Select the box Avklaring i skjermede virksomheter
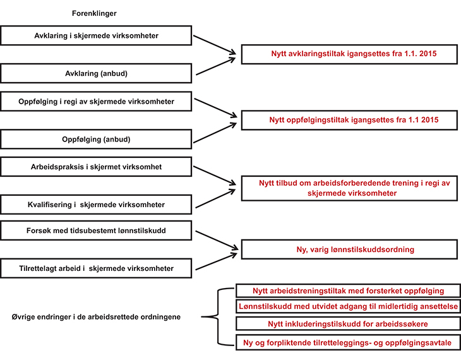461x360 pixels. (96, 35)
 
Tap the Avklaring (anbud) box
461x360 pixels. (96, 73)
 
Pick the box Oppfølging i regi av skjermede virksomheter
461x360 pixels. (96, 101)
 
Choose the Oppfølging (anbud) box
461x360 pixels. (96, 138)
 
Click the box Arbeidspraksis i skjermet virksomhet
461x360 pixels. (96, 167)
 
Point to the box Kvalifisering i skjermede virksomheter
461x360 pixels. (96, 204)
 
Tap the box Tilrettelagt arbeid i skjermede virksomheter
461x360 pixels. (96, 268)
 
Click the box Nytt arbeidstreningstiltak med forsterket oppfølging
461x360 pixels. (347, 291)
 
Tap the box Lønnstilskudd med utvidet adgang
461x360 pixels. (347, 307)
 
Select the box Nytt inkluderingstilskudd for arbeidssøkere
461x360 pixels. (347, 324)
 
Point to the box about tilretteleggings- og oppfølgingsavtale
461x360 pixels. (347, 342)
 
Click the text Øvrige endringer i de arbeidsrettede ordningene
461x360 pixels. (97, 316)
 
